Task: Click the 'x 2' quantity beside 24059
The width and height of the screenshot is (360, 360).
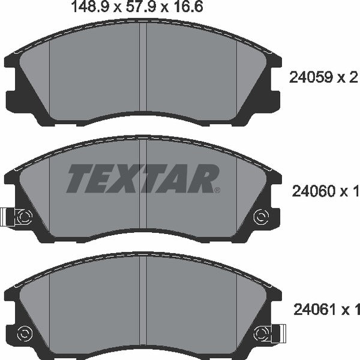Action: [x=350, y=77]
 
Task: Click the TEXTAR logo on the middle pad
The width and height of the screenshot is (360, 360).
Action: [x=143, y=178]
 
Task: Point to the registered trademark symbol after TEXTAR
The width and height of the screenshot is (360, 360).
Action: [x=217, y=190]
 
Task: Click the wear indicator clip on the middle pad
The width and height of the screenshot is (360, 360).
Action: [x=11, y=216]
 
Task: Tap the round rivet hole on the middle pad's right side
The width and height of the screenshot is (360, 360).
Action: [x=260, y=216]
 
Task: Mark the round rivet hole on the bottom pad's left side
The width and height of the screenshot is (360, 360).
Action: [x=25, y=332]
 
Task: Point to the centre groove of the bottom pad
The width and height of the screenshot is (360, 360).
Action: [x=143, y=306]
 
